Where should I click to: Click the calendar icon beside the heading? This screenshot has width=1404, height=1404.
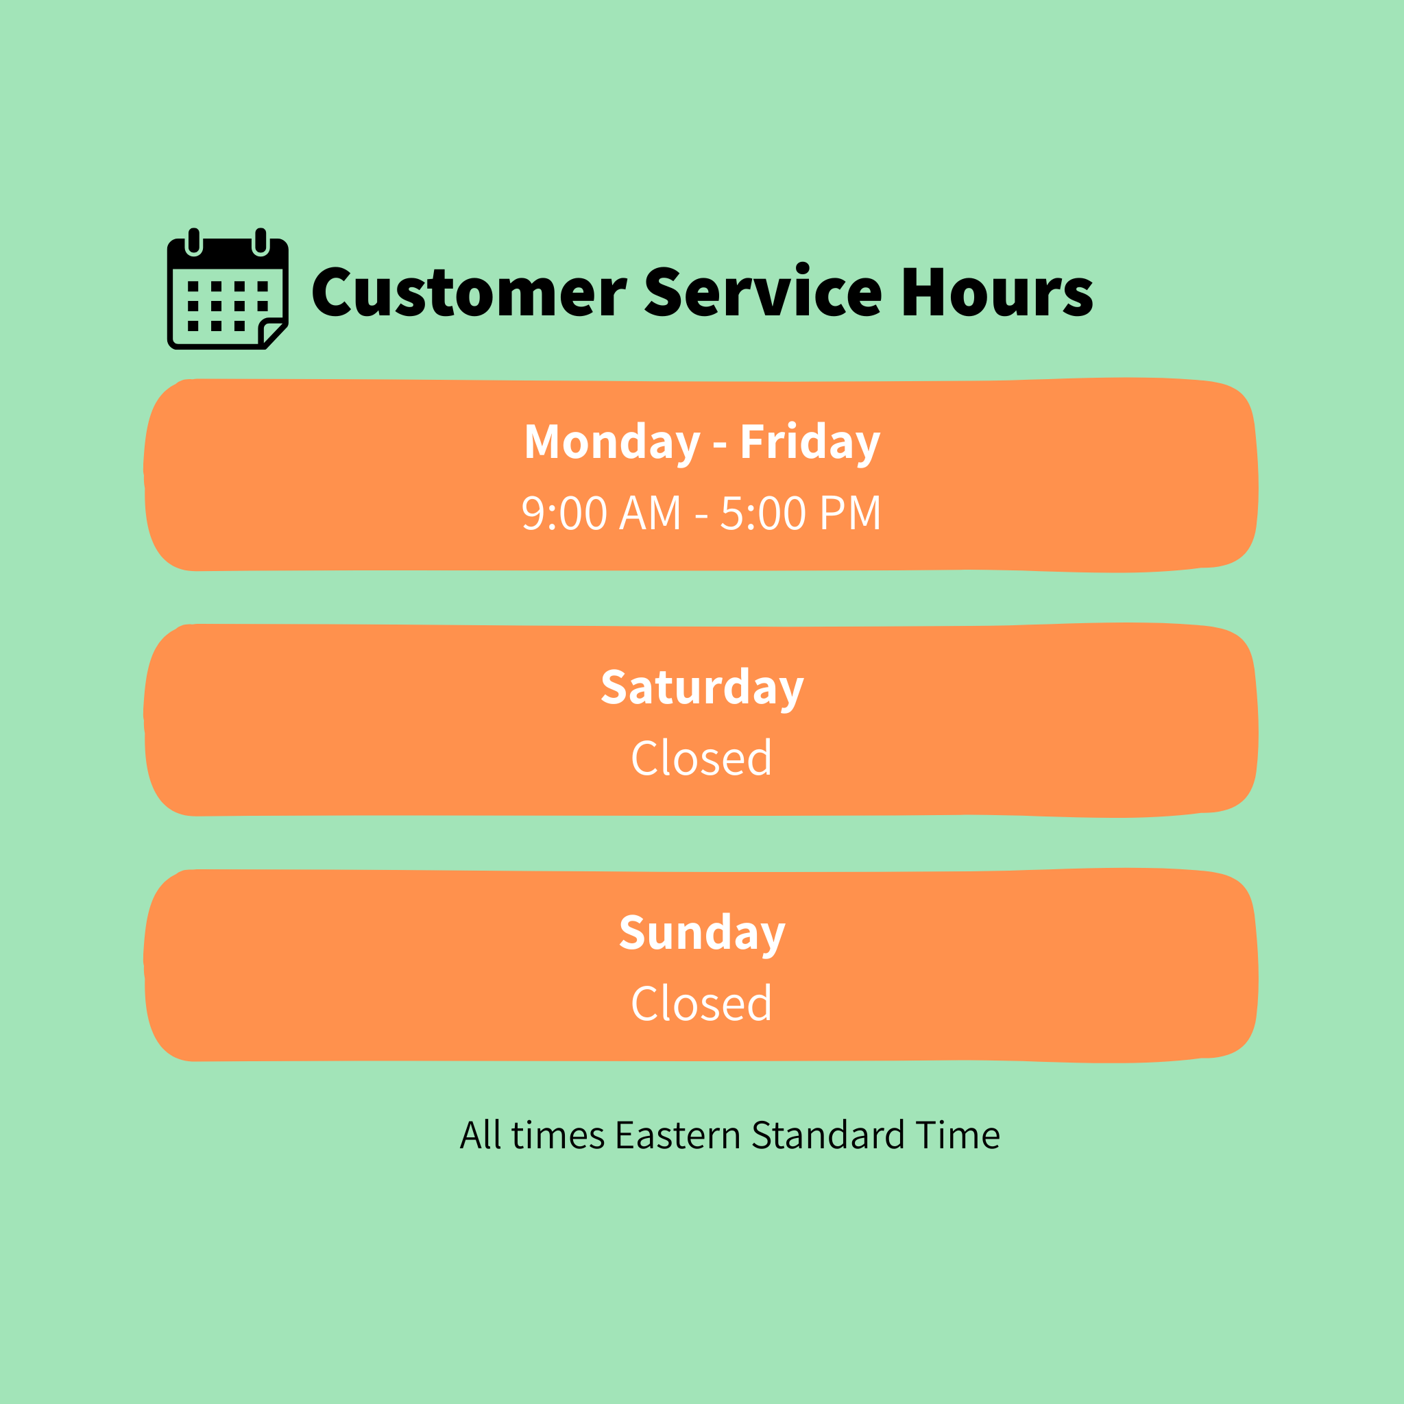228,289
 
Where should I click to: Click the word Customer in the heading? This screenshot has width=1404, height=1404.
469,292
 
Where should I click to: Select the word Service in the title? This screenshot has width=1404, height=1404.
763,291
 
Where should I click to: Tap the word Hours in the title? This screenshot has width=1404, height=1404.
997,291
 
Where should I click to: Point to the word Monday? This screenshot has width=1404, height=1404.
612,444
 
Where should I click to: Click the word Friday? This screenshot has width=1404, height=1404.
810,444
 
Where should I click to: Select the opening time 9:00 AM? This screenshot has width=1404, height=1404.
601,513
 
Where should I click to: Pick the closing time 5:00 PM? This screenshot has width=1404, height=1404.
801,513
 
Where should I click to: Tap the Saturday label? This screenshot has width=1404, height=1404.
702,688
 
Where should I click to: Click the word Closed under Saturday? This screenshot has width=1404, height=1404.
701,759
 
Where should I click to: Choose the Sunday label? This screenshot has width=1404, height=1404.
702,934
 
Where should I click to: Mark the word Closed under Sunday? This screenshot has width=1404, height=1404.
701,1004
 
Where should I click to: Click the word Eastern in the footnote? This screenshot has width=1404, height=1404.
677,1135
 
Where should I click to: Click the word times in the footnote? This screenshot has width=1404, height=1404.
558,1136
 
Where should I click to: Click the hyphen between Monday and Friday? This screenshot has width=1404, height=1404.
721,445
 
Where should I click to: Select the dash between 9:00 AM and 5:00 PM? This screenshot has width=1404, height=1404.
701,516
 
